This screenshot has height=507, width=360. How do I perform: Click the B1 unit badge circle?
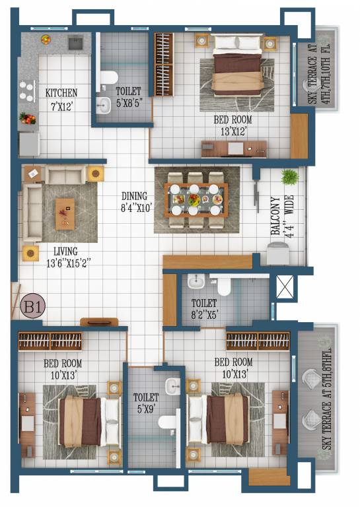pyautogui.click(x=32, y=308)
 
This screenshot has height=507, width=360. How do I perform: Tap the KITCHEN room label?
pyautogui.click(x=61, y=93)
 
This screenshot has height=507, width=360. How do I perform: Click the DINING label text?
pyautogui.click(x=135, y=196)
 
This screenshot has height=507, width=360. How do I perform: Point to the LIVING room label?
pyautogui.click(x=66, y=251)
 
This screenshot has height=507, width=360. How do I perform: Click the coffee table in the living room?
pyautogui.click(x=65, y=213)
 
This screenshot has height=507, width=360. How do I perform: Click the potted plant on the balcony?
pyautogui.click(x=289, y=178)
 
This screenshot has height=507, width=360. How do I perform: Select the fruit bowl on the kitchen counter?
pyautogui.click(x=28, y=119)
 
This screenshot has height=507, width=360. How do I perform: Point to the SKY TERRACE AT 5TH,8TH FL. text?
pyautogui.click(x=326, y=396)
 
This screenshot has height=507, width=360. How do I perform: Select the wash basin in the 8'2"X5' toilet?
pyautogui.click(x=196, y=283)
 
